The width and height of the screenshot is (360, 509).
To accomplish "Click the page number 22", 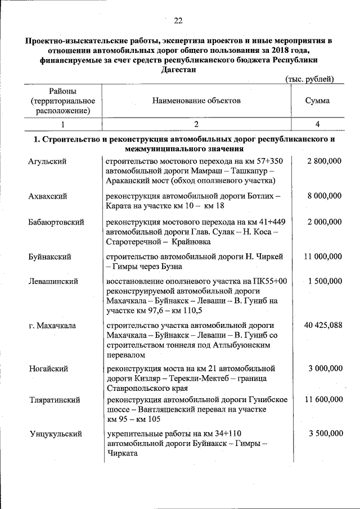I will click(x=178, y=21).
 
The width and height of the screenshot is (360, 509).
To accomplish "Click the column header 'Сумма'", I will click(x=317, y=101).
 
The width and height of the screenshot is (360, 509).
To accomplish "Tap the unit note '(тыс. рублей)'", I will click(x=309, y=79).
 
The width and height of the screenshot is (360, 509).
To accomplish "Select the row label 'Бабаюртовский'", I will click(x=56, y=222).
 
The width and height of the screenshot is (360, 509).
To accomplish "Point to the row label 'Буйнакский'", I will click(x=49, y=256).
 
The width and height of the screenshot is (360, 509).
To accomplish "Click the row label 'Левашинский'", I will click(x=53, y=281).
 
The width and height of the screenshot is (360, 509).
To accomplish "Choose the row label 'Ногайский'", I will click(x=48, y=368).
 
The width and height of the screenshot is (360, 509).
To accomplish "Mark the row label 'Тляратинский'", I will click(x=54, y=400).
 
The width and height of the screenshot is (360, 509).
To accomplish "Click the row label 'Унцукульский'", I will click(x=55, y=434).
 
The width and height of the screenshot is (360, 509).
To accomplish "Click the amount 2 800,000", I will click(x=325, y=161).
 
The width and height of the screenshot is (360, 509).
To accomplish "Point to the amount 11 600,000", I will click(x=323, y=400).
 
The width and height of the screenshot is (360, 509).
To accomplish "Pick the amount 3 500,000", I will click(x=325, y=434).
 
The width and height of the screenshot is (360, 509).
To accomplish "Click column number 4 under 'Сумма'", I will click(x=318, y=124).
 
